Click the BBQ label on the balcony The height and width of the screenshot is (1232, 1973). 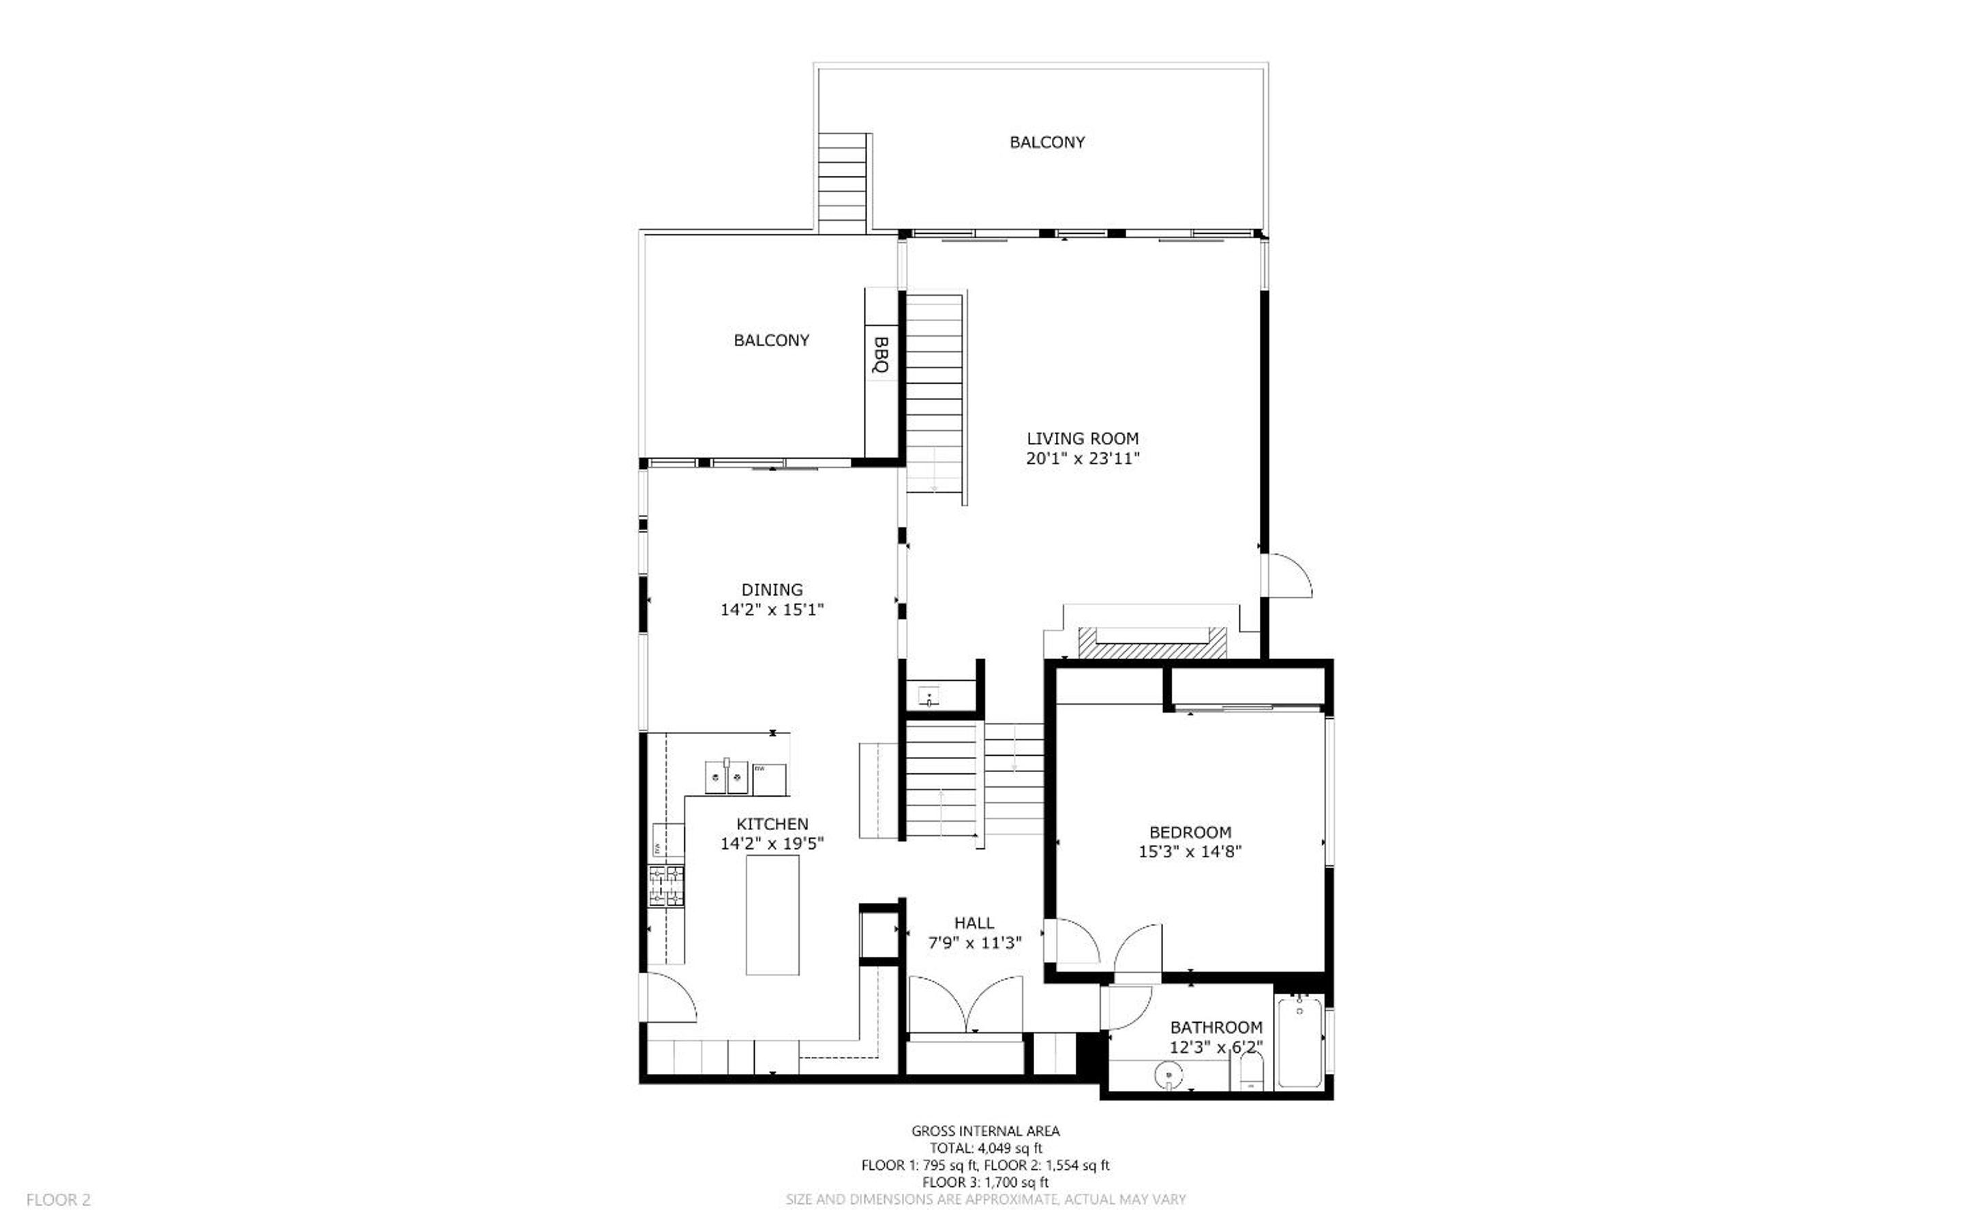(x=880, y=354)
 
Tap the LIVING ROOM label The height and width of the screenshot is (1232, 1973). (x=1082, y=438)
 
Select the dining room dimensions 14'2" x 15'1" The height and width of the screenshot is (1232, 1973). (x=772, y=609)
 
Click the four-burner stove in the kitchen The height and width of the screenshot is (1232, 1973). (x=667, y=886)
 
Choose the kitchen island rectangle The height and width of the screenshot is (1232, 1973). (x=772, y=914)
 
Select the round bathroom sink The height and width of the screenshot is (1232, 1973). (x=1169, y=1077)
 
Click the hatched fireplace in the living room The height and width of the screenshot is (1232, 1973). (x=1152, y=642)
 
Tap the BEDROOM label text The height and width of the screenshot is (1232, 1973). (x=1190, y=832)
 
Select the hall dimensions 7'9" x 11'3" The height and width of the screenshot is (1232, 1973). (x=975, y=943)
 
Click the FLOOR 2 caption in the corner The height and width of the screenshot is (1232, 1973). (x=59, y=1199)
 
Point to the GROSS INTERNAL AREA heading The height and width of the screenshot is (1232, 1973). (x=985, y=1130)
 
